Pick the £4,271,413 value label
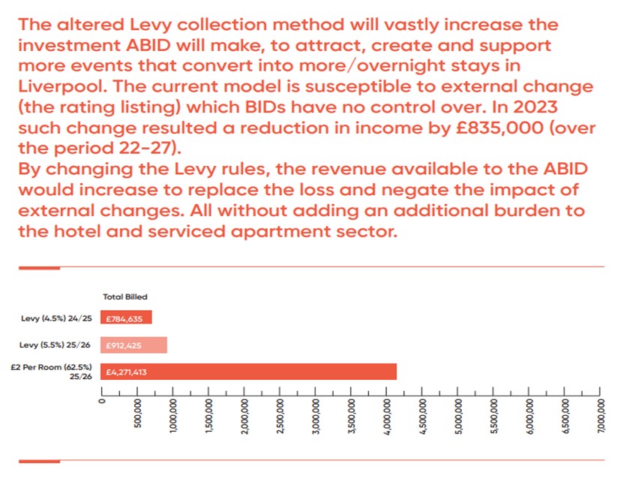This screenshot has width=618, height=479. coord(129,371)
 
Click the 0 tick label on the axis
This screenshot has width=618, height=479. coord(103,401)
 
